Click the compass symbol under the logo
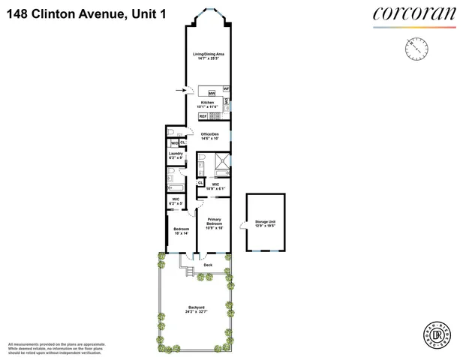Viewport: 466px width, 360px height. pyautogui.click(x=416, y=49)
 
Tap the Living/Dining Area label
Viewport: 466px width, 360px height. pyautogui.click(x=209, y=56)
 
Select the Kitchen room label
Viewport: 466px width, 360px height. pyautogui.click(x=207, y=104)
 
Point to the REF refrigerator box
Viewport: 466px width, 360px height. pyautogui.click(x=203, y=117)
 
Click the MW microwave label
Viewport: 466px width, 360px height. pyautogui.click(x=212, y=93)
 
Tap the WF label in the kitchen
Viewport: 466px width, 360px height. pyautogui.click(x=226, y=89)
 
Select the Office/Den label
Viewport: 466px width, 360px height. pyautogui.click(x=209, y=136)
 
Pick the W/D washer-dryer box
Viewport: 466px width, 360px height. pyautogui.click(x=173, y=143)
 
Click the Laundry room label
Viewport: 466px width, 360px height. pyautogui.click(x=175, y=155)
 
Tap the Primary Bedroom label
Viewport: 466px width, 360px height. pyautogui.click(x=214, y=223)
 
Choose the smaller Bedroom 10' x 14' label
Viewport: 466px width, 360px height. pyautogui.click(x=181, y=231)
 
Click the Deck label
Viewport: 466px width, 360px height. pyautogui.click(x=208, y=265)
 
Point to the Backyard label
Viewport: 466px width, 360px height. pyautogui.click(x=197, y=307)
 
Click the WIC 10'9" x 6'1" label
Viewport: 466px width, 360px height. pyautogui.click(x=215, y=187)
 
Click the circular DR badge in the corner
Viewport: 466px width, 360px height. pyautogui.click(x=443, y=337)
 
